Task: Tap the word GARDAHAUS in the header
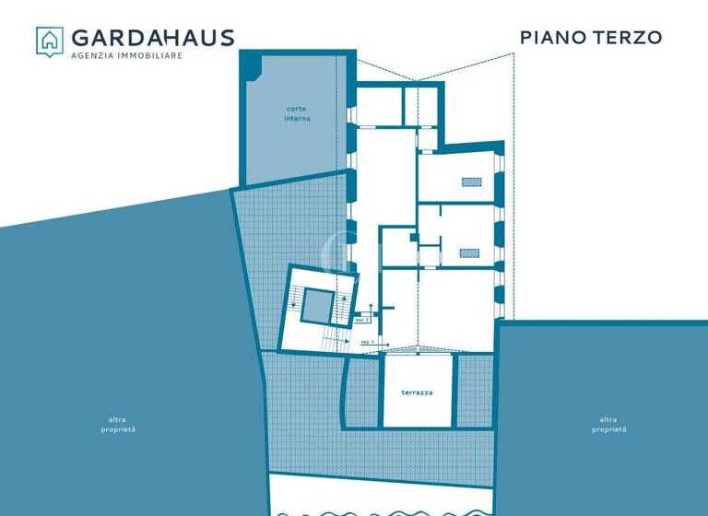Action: coord(153,38)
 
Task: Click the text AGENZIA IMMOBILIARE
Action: coord(127,56)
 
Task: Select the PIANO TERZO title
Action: coord(591,38)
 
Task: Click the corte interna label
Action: coord(297,113)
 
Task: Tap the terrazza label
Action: coord(417,393)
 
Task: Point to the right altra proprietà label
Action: coord(609,425)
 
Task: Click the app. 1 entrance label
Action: coord(367,341)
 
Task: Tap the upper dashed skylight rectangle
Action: coord(471,182)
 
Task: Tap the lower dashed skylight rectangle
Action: coord(470,252)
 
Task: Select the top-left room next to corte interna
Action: coord(379,105)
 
